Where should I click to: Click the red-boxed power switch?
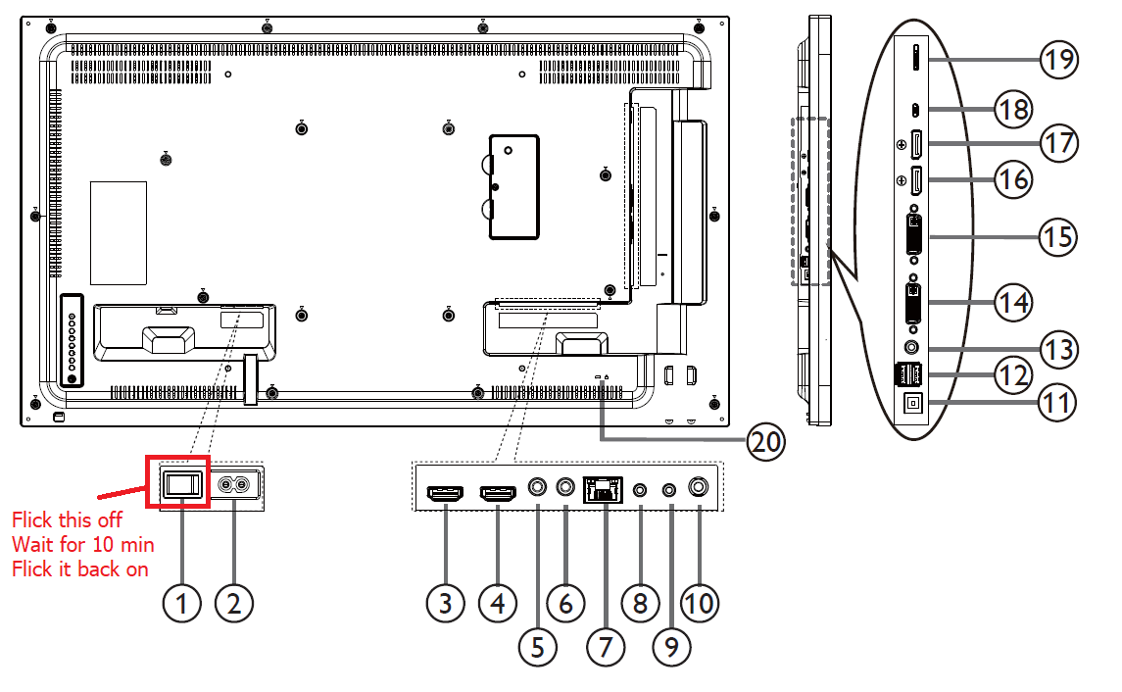pos(179,483)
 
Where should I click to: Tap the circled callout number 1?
pos(180,603)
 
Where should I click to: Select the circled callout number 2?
pos(233,603)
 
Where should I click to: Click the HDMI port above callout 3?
pos(444,495)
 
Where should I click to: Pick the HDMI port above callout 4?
pos(499,495)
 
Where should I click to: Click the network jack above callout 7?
pos(602,488)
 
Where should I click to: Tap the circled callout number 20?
pos(765,442)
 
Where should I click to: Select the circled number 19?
pos(1058,60)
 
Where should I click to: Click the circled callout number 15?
pos(1058,236)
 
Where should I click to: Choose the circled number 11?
pos(1058,402)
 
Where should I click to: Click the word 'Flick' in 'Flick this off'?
pos(31,519)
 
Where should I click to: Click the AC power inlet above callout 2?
pos(235,484)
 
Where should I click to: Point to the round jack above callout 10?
pos(699,485)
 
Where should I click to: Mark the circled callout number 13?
pos(1058,349)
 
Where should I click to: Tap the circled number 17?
pos(1058,143)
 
